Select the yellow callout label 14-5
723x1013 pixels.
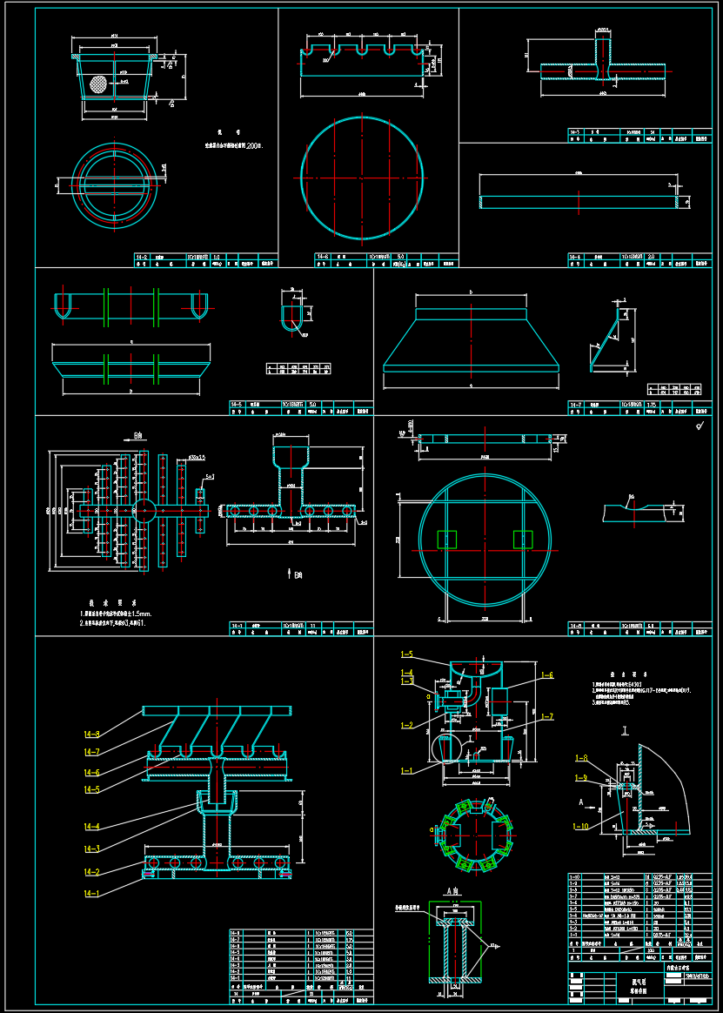(x=91, y=790)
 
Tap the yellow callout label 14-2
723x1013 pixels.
(x=91, y=872)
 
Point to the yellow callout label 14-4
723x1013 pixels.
(x=91, y=827)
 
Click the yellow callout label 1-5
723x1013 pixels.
(x=406, y=654)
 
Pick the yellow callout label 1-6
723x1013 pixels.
(x=546, y=675)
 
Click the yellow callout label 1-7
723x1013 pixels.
(x=546, y=716)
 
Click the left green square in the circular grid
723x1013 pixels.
(x=447, y=540)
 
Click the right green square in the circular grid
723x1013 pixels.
(x=523, y=540)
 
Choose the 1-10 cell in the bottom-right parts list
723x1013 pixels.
(x=573, y=877)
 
